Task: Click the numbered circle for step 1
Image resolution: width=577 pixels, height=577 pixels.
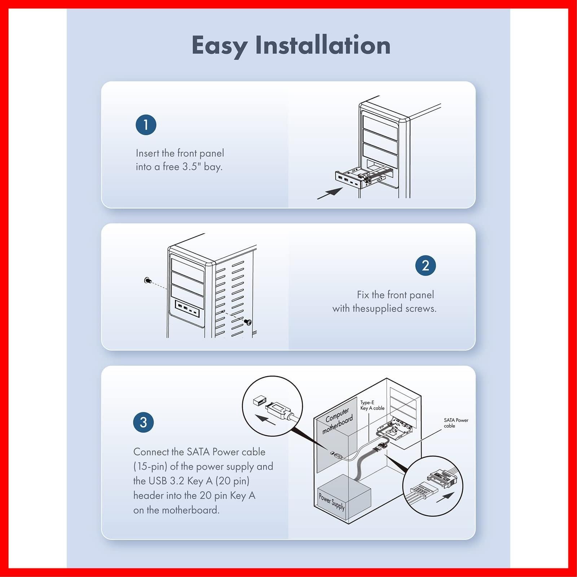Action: [x=146, y=125]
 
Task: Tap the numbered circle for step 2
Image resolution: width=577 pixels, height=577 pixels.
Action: [x=426, y=266]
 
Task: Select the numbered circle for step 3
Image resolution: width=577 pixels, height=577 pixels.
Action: [x=143, y=422]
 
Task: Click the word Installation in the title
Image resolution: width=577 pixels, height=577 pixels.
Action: [x=323, y=45]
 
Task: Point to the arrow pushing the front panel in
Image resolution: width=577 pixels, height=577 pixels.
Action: [x=330, y=193]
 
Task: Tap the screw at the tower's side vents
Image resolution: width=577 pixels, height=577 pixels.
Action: [x=248, y=322]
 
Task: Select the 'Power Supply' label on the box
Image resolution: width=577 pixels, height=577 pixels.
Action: [x=332, y=502]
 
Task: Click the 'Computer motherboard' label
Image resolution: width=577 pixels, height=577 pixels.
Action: [x=337, y=420]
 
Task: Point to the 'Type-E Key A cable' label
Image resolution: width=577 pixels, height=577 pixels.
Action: [x=372, y=405]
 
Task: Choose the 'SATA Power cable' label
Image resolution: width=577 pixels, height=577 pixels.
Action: [x=456, y=423]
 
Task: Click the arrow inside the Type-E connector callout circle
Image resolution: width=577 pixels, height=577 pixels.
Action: [x=265, y=420]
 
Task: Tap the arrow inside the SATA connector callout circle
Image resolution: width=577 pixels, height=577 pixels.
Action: [x=445, y=498]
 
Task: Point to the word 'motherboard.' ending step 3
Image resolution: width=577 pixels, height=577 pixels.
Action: [x=190, y=510]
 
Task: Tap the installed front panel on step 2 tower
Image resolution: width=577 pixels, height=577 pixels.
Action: [x=188, y=309]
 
